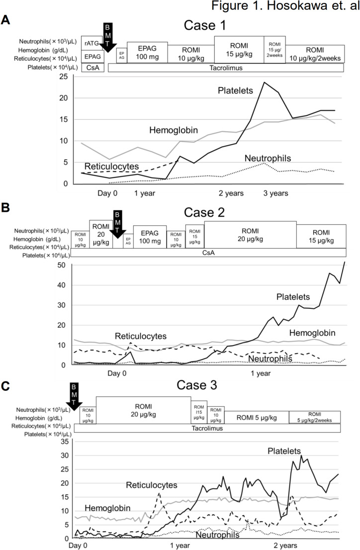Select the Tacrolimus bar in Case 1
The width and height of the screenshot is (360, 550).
(x=225, y=68)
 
